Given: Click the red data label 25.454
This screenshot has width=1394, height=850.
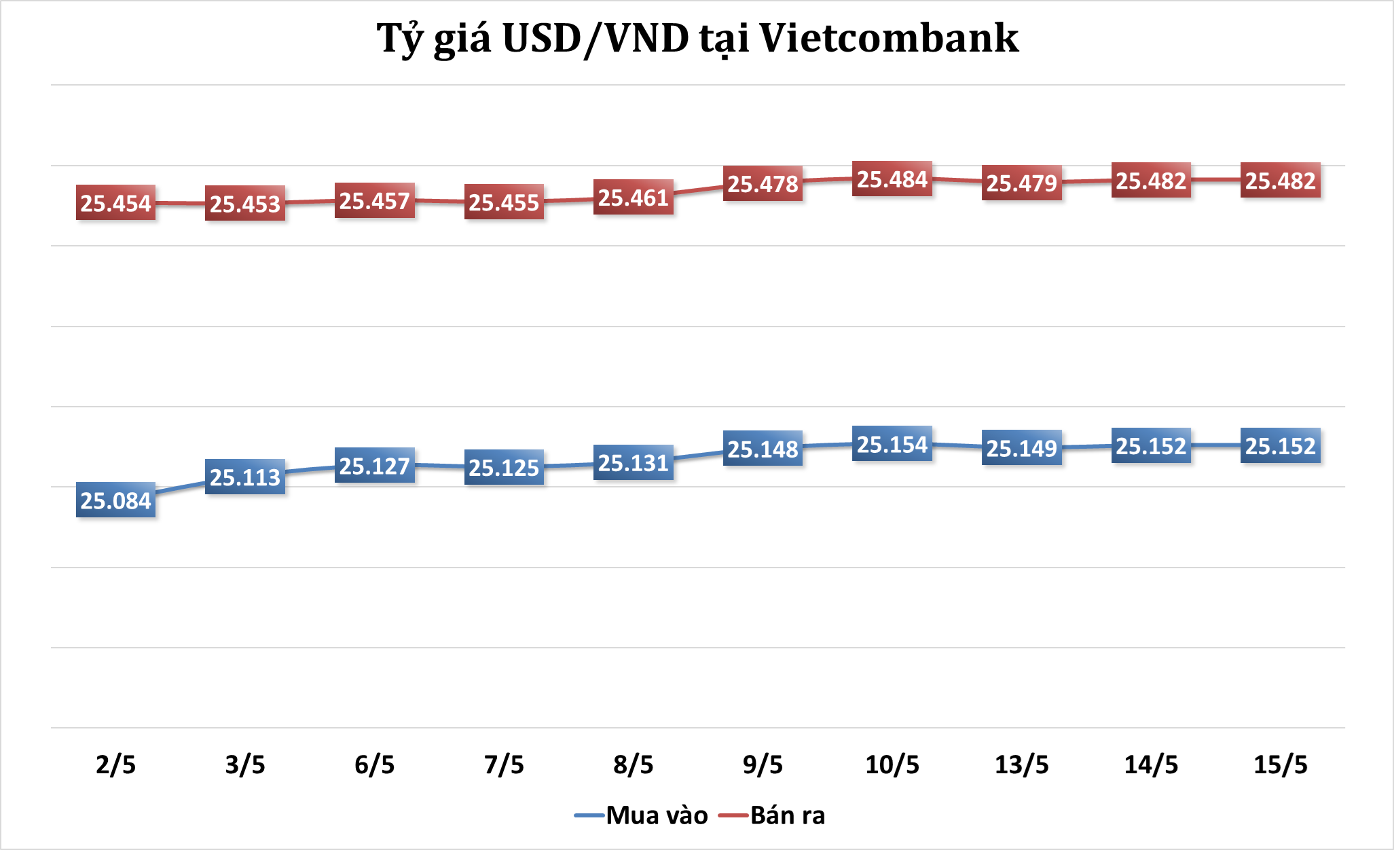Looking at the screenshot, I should (115, 202).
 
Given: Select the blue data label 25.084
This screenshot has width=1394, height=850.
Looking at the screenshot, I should (115, 500).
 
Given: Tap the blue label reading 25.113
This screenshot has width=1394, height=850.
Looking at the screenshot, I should (245, 477).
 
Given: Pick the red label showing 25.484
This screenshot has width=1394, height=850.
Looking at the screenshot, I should (892, 179).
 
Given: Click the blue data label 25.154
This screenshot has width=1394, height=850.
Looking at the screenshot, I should (892, 445).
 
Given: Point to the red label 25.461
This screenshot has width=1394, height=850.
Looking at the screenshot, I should (634, 198).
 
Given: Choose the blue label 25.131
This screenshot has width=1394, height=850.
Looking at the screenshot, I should (634, 463).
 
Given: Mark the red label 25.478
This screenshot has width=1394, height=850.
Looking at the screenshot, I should (763, 183).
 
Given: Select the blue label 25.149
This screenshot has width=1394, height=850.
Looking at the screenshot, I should (1022, 448).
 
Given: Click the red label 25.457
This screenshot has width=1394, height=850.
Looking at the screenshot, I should (375, 201).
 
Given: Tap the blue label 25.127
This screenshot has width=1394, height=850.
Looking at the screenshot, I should (375, 466).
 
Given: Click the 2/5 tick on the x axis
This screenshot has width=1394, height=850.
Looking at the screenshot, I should (115, 764).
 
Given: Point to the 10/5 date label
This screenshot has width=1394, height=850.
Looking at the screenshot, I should (892, 764).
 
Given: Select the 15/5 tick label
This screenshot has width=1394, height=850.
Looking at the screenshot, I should (1281, 764).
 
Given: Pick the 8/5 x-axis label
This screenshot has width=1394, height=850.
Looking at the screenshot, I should (634, 764).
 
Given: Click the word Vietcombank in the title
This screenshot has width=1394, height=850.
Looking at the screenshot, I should (889, 38).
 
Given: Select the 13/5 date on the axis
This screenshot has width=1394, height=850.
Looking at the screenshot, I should (1022, 764).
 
